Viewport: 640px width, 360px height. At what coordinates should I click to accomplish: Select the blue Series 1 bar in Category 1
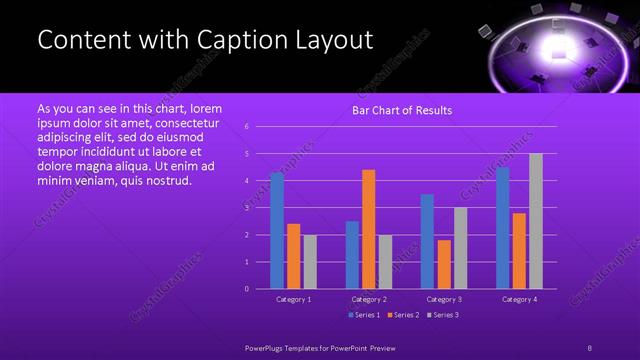[x=277, y=230]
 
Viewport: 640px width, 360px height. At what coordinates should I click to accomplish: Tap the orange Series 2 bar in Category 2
[x=368, y=229]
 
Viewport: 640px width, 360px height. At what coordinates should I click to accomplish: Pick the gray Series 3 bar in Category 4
[x=536, y=221]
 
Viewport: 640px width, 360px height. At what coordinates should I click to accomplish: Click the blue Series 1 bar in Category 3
[x=427, y=241]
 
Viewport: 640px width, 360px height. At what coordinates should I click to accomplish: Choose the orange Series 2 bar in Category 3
[x=444, y=264]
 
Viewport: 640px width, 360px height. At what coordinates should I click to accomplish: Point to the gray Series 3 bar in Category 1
[x=310, y=261]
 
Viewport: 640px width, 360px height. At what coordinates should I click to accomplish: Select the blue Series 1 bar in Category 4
[x=502, y=227]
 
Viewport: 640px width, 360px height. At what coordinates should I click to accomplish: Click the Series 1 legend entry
[x=364, y=315]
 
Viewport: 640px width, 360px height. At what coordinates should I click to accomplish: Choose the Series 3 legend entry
[x=443, y=315]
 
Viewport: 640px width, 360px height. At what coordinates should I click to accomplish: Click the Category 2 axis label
[x=369, y=299]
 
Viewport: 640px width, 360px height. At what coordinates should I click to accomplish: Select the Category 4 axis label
[x=519, y=299]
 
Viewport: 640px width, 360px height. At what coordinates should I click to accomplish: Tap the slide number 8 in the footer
[x=589, y=347]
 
